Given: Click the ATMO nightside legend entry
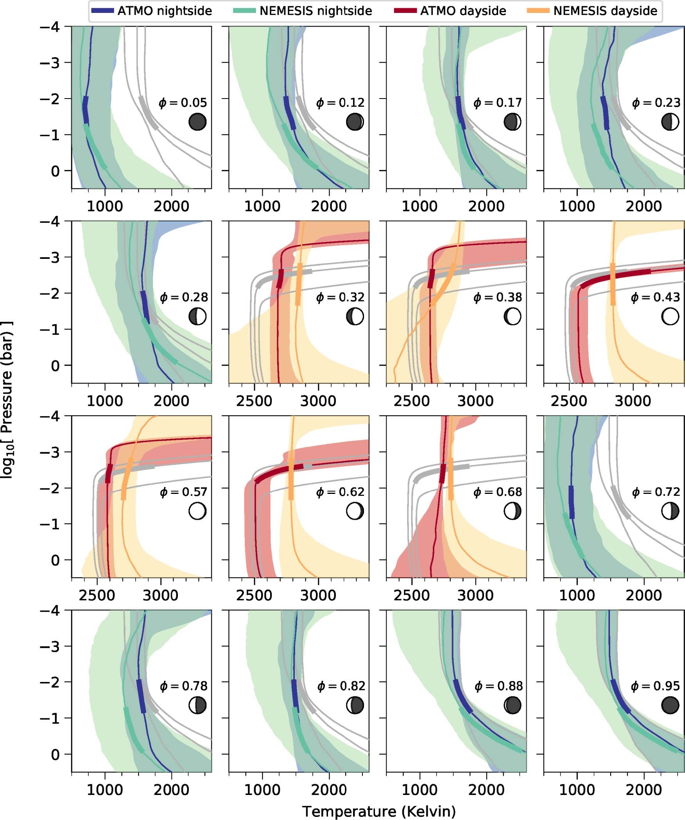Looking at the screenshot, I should click(x=151, y=11).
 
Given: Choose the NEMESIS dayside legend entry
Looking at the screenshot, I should click(x=592, y=11).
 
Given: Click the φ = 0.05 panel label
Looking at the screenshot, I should click(x=183, y=103).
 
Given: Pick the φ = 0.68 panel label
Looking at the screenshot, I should click(x=497, y=492).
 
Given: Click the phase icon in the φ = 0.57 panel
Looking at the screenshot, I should click(x=197, y=511).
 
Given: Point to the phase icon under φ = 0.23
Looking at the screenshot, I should click(x=670, y=122).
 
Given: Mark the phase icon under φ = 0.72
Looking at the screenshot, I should click(x=670, y=511).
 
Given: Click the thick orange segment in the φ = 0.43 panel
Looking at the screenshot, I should click(x=613, y=284).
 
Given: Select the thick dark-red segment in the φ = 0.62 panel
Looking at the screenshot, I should click(x=280, y=472).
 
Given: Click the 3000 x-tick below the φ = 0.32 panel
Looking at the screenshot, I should click(x=318, y=401).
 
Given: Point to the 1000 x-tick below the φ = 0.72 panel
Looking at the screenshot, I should click(x=577, y=596).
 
